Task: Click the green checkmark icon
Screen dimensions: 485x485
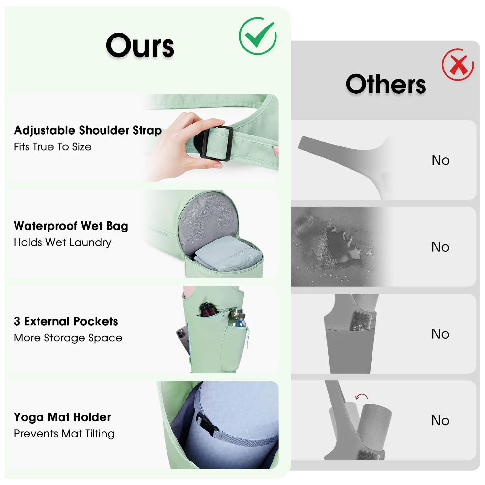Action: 258,36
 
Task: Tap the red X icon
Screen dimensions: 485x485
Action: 458,65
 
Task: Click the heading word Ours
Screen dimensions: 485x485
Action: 140,45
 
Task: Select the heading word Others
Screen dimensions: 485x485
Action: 386,84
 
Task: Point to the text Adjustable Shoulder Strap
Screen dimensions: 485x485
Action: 88,130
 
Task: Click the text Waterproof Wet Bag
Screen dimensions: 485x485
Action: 71,226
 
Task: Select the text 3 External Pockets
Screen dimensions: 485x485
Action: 66,321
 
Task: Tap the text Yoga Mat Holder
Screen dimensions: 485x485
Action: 62,417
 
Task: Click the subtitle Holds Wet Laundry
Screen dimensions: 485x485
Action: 62,242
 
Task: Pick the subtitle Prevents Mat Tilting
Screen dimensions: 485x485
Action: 64,434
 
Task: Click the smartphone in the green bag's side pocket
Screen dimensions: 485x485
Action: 183,339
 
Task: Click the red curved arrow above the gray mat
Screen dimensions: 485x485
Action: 361,396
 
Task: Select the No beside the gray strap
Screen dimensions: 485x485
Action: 440,160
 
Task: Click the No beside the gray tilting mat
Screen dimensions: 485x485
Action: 440,421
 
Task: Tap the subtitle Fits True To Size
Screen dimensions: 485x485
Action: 52,147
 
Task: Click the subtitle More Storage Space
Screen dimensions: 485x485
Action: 68,338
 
